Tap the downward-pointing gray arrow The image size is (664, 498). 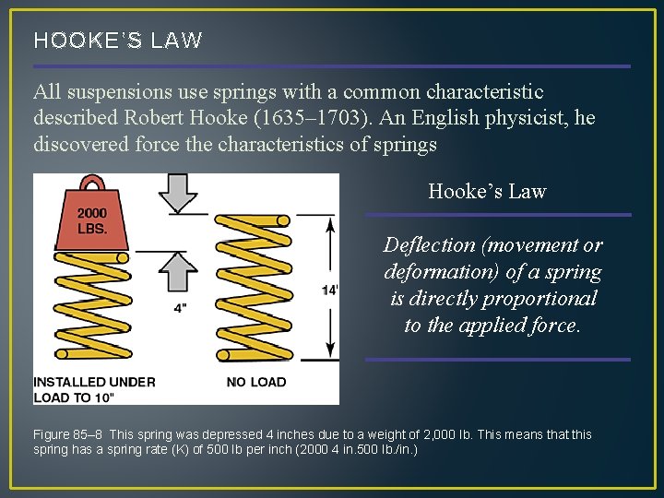pyautogui.click(x=179, y=192)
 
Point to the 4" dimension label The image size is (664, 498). pyautogui.click(x=181, y=307)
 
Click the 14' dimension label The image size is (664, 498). pyautogui.click(x=329, y=290)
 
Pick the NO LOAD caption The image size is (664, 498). pyautogui.click(x=255, y=382)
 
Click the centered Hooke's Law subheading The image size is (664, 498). pyautogui.click(x=487, y=192)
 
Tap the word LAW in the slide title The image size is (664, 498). pyautogui.click(x=180, y=41)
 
